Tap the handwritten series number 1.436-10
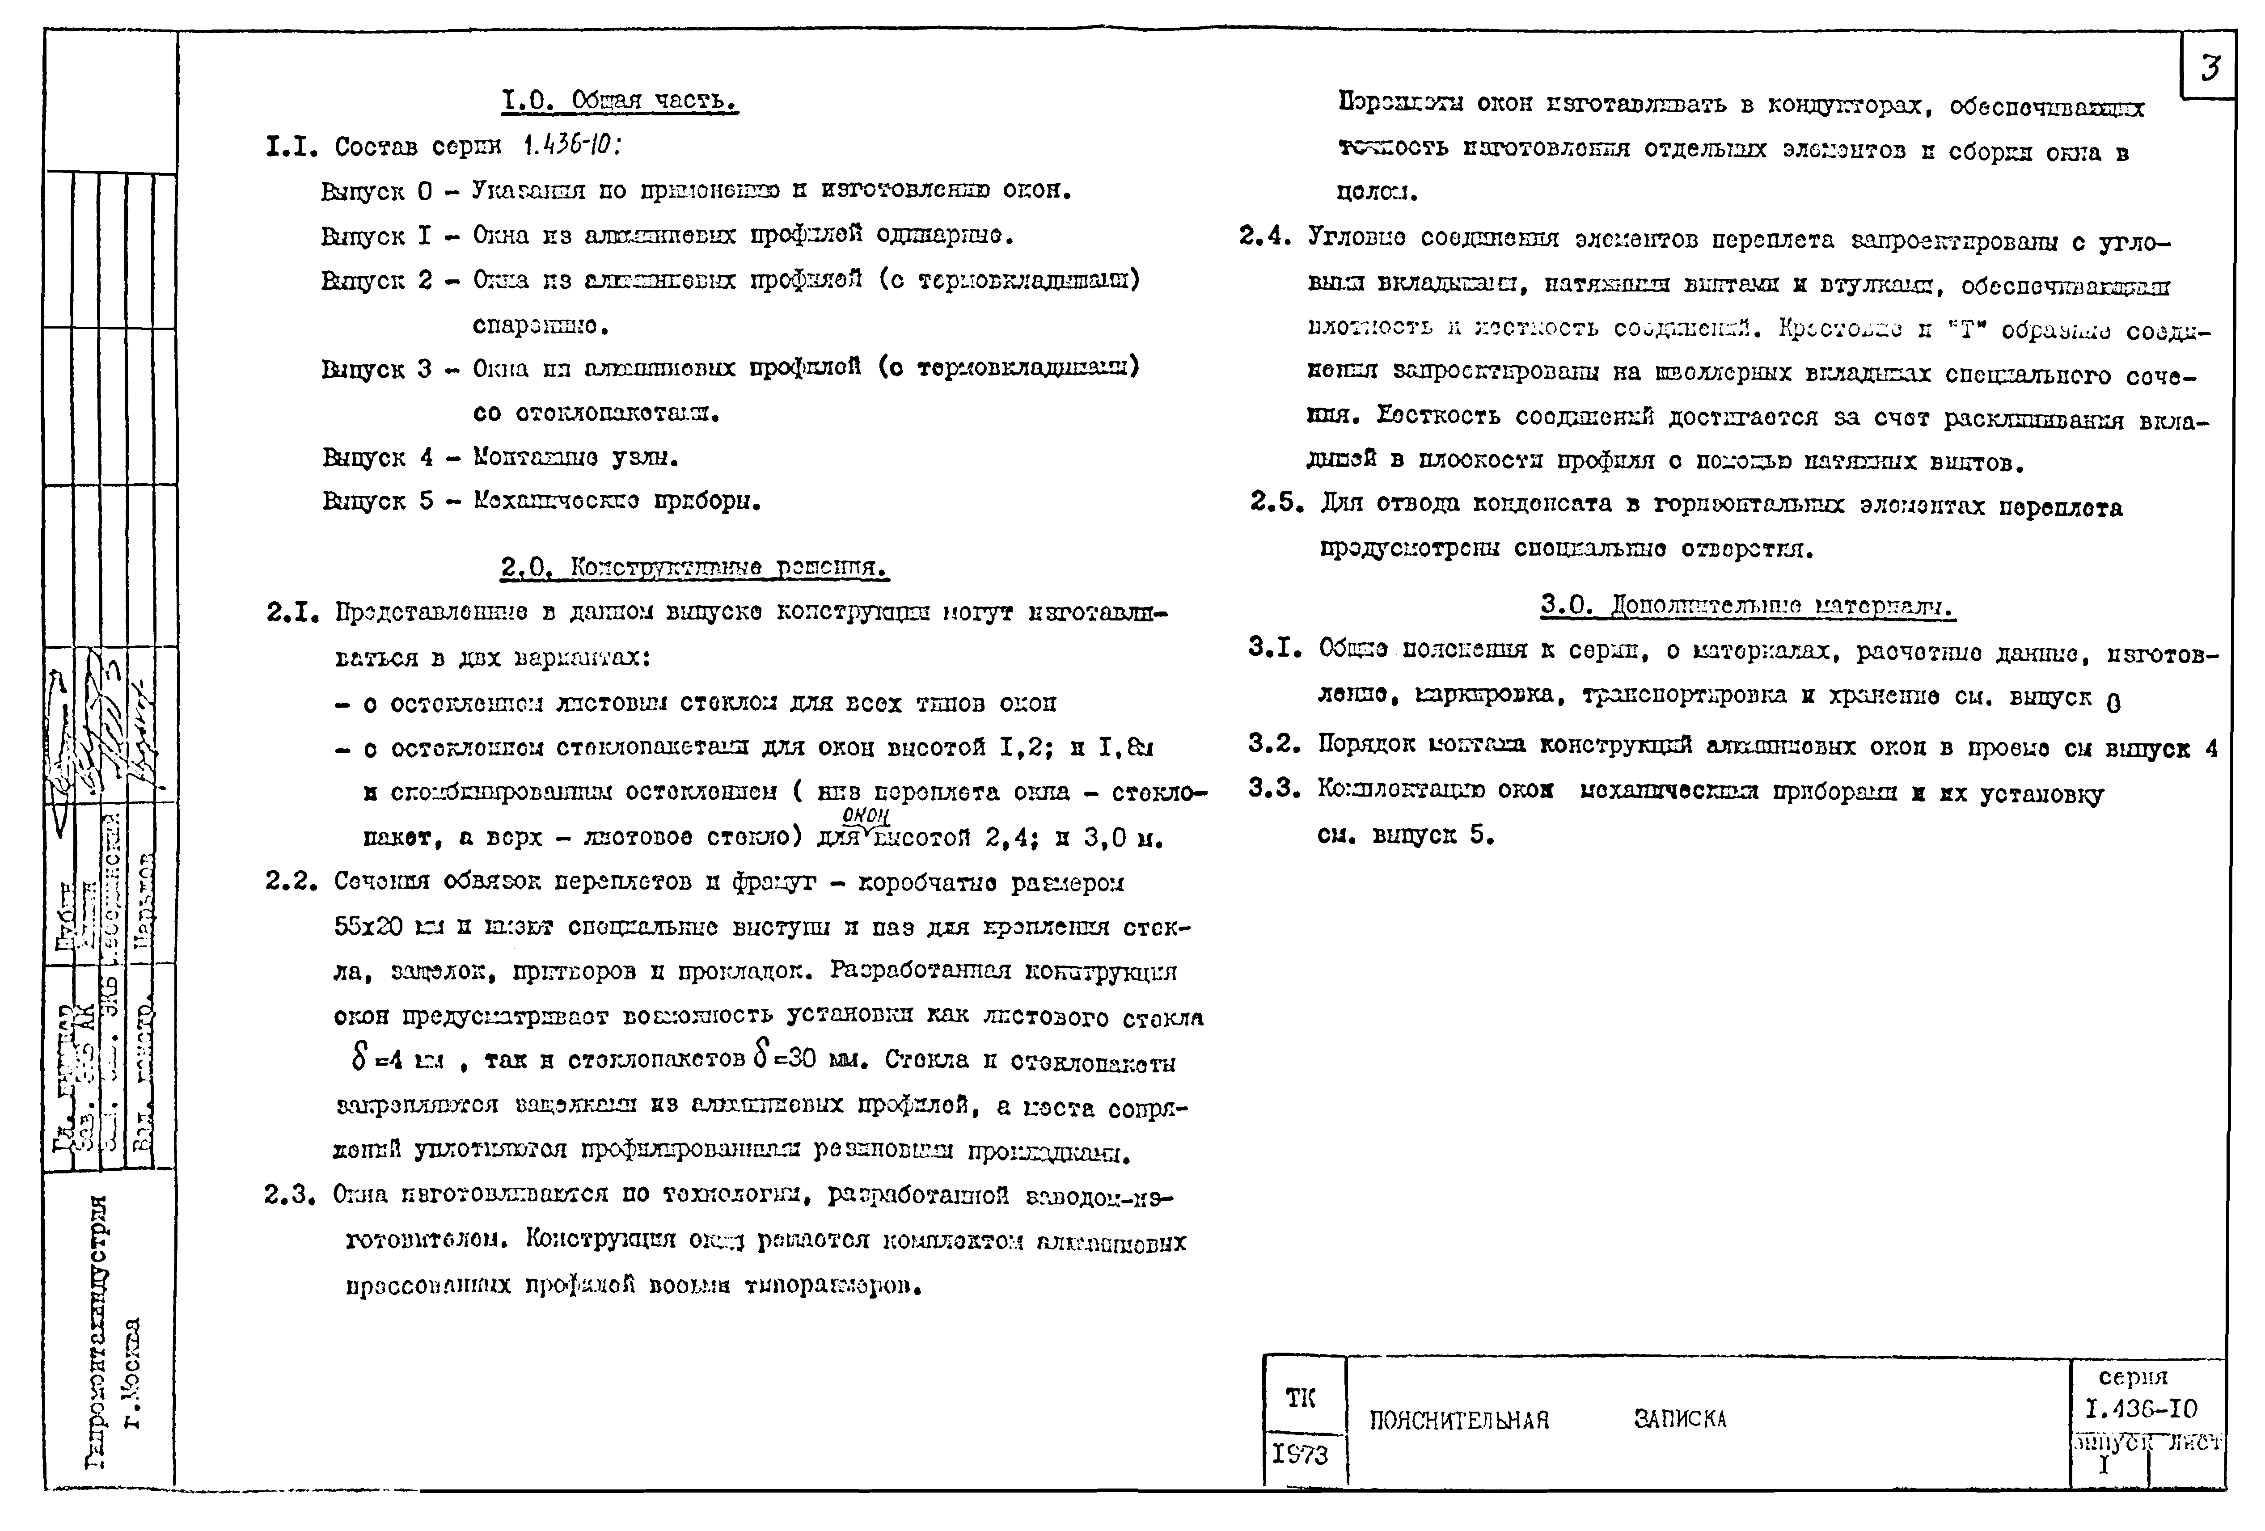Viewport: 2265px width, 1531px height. [571, 146]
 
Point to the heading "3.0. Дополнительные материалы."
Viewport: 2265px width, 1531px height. [1747, 607]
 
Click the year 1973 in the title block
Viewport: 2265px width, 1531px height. [1300, 1455]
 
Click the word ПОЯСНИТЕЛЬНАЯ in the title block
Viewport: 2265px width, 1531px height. [1459, 1420]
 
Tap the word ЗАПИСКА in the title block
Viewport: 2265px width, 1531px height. [1680, 1419]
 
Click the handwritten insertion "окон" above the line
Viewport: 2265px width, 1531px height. [866, 816]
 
